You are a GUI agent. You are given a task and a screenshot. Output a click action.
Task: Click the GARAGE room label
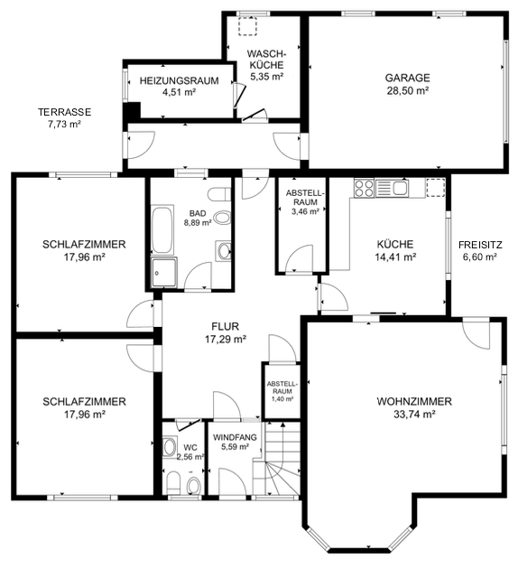407,78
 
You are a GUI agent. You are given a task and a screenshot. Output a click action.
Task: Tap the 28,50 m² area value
407,90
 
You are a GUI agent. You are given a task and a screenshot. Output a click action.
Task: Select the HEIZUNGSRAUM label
179,80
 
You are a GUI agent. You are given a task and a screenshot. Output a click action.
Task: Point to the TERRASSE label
64,112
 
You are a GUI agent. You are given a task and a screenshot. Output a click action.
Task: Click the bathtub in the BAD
162,229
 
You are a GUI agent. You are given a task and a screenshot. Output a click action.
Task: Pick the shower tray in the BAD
163,273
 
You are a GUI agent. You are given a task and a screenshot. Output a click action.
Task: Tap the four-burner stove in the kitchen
364,187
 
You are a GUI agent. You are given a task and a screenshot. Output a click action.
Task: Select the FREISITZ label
480,245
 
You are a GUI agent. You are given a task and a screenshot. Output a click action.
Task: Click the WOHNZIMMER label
414,401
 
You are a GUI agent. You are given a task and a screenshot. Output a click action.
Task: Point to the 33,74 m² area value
414,415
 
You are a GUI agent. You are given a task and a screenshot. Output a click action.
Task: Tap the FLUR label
225,326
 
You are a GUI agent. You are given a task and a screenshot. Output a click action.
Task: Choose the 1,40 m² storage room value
282,399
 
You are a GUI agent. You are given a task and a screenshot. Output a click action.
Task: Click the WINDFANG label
235,437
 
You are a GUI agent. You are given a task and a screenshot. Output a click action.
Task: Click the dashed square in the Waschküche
247,26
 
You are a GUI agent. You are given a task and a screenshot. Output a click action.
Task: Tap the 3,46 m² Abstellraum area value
305,211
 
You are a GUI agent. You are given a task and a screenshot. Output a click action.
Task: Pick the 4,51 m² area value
179,92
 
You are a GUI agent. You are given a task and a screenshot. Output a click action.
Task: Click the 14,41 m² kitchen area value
395,256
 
